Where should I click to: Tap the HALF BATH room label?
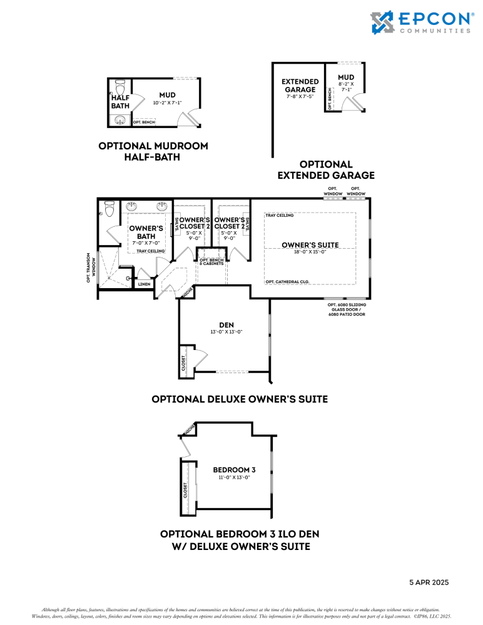(x=120, y=101)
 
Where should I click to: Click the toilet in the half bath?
(x=121, y=86)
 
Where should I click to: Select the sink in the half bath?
(x=121, y=120)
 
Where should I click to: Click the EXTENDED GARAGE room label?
(x=300, y=86)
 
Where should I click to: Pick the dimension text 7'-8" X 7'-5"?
(x=300, y=97)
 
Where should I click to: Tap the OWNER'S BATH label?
(x=146, y=232)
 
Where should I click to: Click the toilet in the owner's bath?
(x=110, y=209)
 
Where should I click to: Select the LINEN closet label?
(x=143, y=284)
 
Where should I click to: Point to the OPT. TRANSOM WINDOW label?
(x=92, y=267)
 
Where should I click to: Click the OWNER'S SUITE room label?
(x=310, y=244)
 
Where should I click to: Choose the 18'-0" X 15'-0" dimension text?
(x=310, y=252)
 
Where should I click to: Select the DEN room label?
(x=226, y=324)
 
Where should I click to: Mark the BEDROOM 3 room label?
(x=234, y=469)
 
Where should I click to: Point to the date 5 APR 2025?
(x=429, y=582)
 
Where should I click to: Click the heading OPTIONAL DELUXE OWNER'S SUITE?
(x=240, y=399)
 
